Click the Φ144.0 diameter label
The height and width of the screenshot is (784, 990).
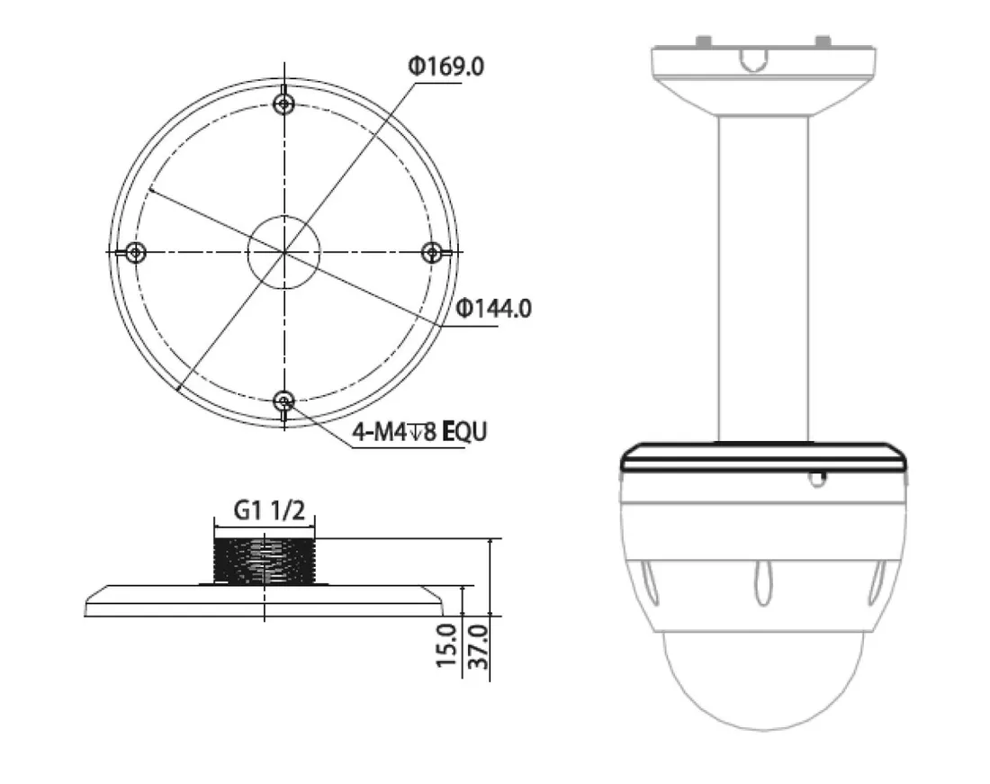point(493,309)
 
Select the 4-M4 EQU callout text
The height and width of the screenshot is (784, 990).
point(418,432)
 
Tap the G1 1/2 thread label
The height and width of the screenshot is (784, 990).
point(269,510)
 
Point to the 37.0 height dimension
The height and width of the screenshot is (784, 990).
point(477,644)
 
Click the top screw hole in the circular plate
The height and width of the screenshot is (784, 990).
point(284,104)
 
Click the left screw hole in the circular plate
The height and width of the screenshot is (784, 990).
point(135,253)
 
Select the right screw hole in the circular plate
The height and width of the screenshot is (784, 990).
point(433,253)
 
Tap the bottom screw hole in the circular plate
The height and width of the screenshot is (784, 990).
point(284,401)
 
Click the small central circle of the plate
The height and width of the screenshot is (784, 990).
point(284,251)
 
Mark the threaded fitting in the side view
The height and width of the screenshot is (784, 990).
point(265,560)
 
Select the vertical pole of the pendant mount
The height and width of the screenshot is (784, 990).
point(762,279)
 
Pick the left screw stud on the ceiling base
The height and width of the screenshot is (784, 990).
point(705,41)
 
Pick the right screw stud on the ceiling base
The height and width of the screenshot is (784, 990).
point(821,41)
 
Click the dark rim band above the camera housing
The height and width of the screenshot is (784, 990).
point(762,462)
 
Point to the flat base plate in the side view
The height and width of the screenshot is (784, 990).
point(265,600)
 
